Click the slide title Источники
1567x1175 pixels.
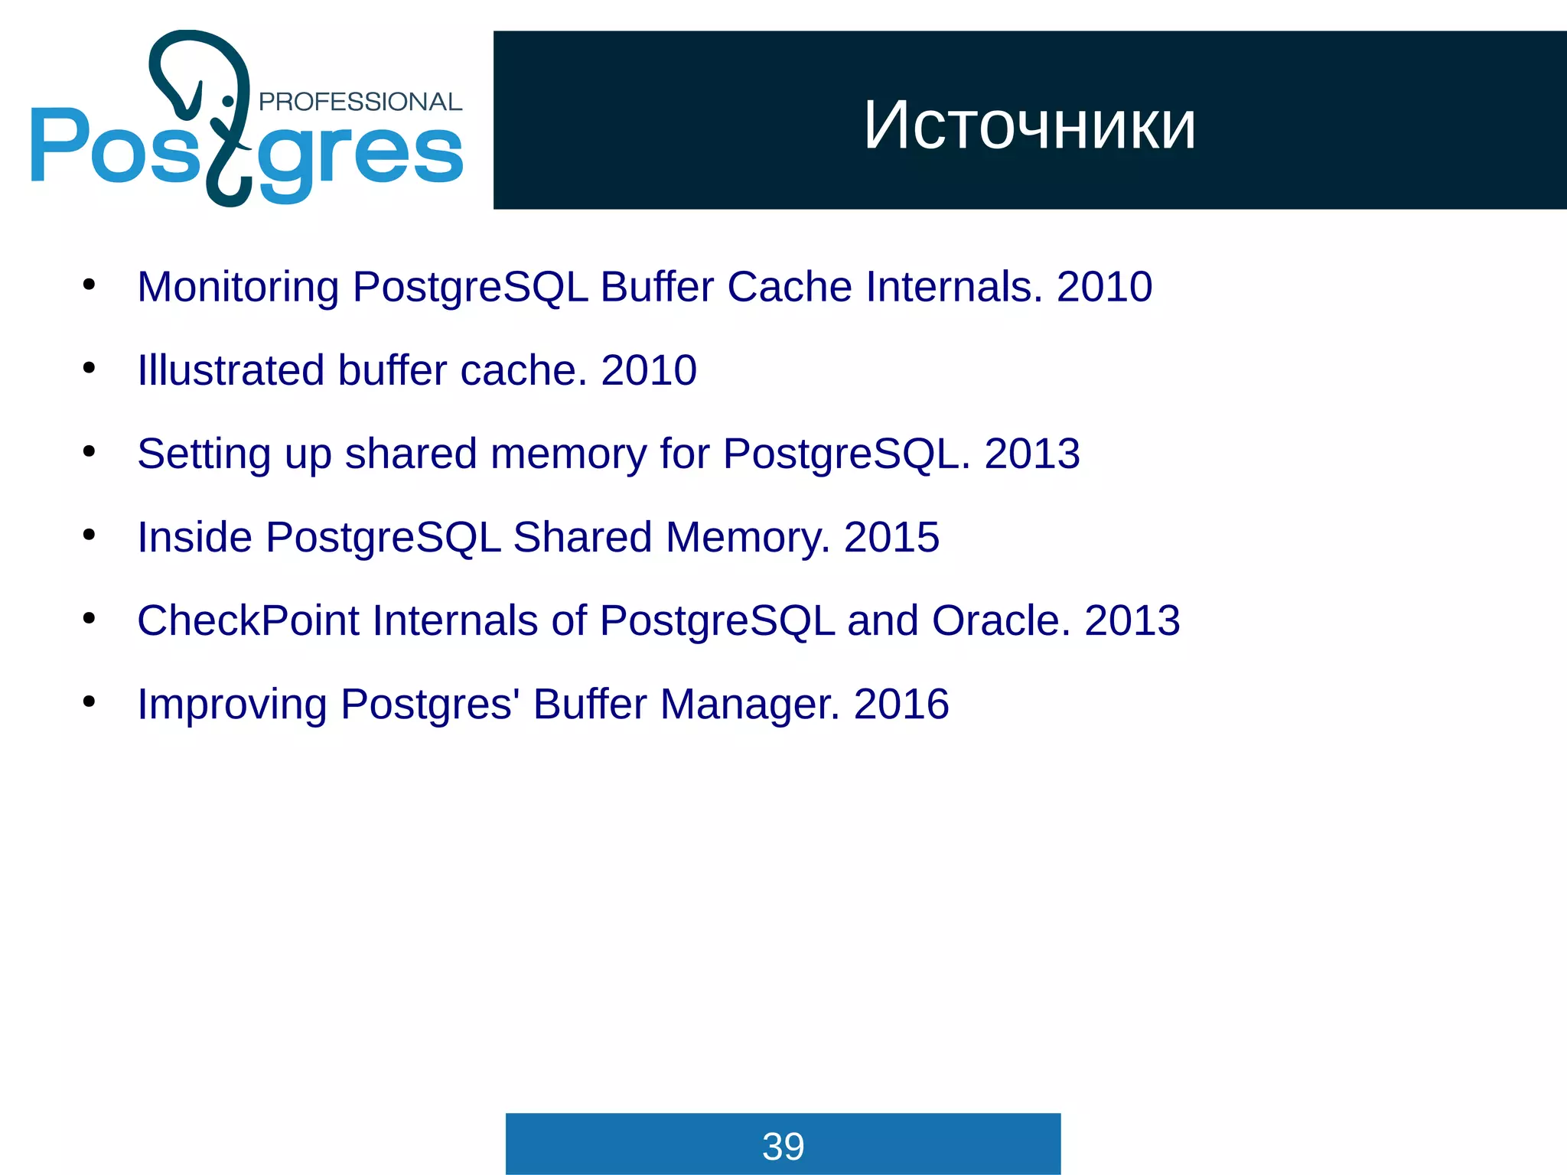pyautogui.click(x=1029, y=125)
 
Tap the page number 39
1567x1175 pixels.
pyautogui.click(x=783, y=1146)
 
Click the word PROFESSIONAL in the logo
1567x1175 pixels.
pyautogui.click(x=360, y=102)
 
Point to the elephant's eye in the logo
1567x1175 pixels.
pyautogui.click(x=227, y=102)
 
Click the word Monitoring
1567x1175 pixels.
pyautogui.click(x=237, y=288)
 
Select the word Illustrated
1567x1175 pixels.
pyautogui.click(x=230, y=371)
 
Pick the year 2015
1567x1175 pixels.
pyautogui.click(x=891, y=537)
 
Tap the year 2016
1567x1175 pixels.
pyautogui.click(x=901, y=704)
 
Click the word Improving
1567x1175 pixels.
pyautogui.click(x=232, y=705)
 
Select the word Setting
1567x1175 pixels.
pyautogui.click(x=204, y=454)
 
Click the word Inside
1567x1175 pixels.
pyautogui.click(x=194, y=537)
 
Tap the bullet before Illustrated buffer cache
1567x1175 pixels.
pyautogui.click(x=90, y=369)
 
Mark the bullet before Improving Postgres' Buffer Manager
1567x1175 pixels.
pyautogui.click(x=90, y=701)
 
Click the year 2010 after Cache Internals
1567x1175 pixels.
pyautogui.click(x=1104, y=288)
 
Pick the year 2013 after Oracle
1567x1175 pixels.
pyautogui.click(x=1132, y=620)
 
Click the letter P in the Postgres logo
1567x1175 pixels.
pyautogui.click(x=58, y=145)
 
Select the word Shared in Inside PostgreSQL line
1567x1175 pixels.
pyautogui.click(x=582, y=537)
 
